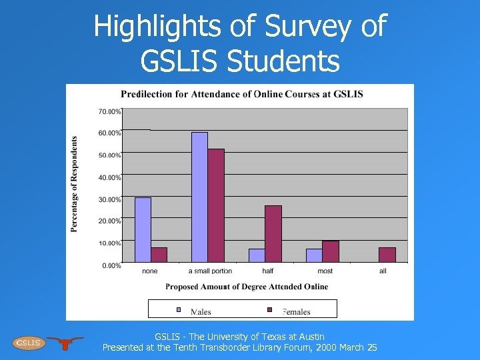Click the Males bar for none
tap(143, 229)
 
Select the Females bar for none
tap(159, 255)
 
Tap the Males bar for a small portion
tap(199, 197)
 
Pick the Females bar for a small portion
tap(216, 205)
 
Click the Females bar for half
tap(273, 233)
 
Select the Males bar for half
tap(257, 255)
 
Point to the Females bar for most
tap(331, 251)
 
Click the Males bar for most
tap(314, 255)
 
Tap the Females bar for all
tap(387, 255)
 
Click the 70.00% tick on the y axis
tap(109, 111)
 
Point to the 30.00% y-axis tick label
tap(109, 199)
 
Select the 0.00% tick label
tap(111, 265)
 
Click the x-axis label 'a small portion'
tap(210, 271)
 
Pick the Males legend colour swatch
tap(178, 309)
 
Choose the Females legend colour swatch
tap(269, 309)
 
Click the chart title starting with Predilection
tap(241, 94)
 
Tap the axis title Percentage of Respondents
tap(74, 185)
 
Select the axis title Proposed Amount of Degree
tap(247, 287)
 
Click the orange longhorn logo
tap(65, 342)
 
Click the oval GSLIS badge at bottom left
tap(29, 343)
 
